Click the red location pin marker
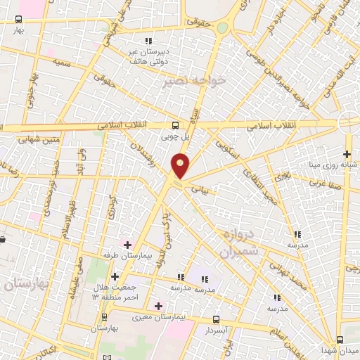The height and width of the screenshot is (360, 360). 181,166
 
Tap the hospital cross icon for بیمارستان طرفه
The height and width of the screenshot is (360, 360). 127,245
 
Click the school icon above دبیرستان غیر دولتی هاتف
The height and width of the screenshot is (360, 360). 148,40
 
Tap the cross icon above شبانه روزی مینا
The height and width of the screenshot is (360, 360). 347,154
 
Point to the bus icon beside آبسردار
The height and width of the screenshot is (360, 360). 216,319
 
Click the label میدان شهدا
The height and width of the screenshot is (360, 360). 340,349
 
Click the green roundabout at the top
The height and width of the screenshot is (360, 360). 223,28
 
